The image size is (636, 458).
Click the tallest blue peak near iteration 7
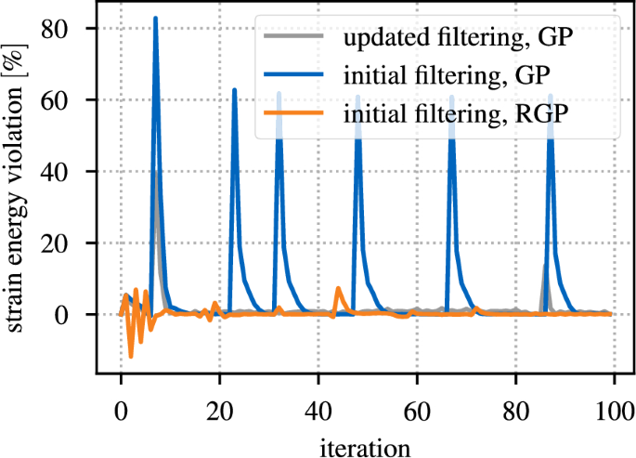[155, 19]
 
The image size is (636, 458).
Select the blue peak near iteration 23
[234, 90]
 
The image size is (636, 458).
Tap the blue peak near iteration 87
[551, 96]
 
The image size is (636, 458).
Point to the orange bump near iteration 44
[338, 289]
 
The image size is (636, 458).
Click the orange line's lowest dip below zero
[131, 356]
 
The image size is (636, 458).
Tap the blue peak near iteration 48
[357, 95]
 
